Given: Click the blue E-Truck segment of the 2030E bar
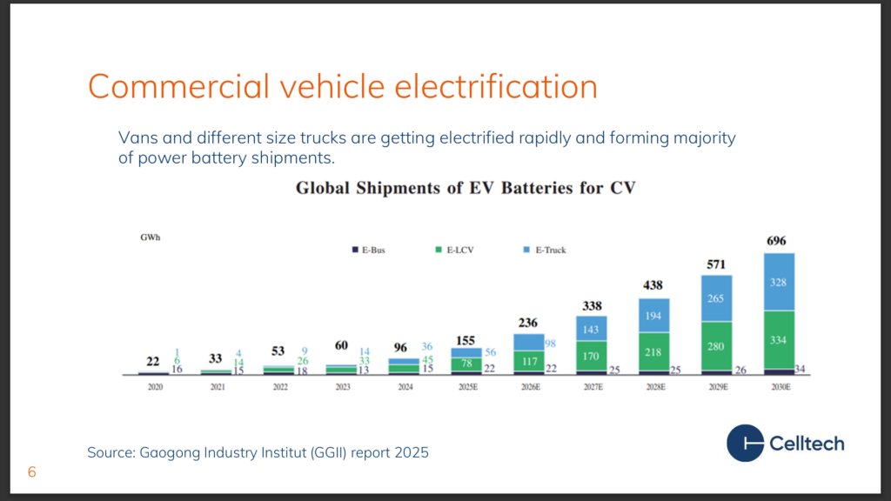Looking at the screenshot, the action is point(779,282).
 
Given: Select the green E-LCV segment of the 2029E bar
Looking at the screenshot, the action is point(717,346).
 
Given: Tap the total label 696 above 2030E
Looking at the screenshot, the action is point(776,241).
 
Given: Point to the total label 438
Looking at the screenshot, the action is point(653,285).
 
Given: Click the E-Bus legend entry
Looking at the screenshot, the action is point(369,250).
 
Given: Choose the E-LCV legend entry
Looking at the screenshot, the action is point(454,250).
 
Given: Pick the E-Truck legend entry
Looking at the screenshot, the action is point(545,250).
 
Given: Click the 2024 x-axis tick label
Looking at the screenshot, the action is point(405,387).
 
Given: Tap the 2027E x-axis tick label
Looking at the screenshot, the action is point(593,387).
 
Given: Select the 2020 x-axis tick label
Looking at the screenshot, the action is point(155,387).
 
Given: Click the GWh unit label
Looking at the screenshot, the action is point(150,237).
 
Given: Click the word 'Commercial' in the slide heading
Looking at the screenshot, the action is point(178,86).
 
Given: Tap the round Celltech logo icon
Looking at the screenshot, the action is point(745,443).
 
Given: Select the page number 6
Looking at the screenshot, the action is point(32,472).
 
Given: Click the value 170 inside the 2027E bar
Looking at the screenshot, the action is point(591,356).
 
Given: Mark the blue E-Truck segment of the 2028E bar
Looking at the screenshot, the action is point(654,315).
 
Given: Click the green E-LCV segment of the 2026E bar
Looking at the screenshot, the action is point(529,361).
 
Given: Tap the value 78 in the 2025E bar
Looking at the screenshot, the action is point(466,364).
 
